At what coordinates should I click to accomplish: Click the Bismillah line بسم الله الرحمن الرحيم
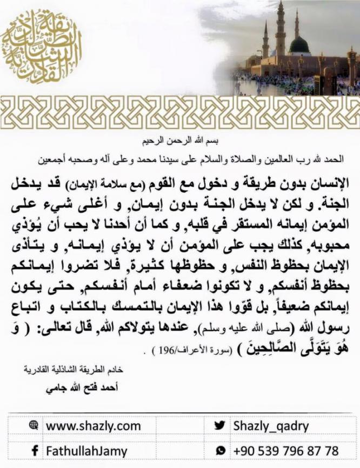[179, 142]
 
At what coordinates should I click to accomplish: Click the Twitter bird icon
[219, 426]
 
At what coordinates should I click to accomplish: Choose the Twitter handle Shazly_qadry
[270, 426]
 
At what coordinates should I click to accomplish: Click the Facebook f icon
[34, 450]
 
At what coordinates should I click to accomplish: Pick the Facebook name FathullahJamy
[86, 451]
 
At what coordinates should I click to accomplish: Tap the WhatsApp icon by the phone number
[219, 450]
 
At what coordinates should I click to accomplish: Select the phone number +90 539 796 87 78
[286, 450]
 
